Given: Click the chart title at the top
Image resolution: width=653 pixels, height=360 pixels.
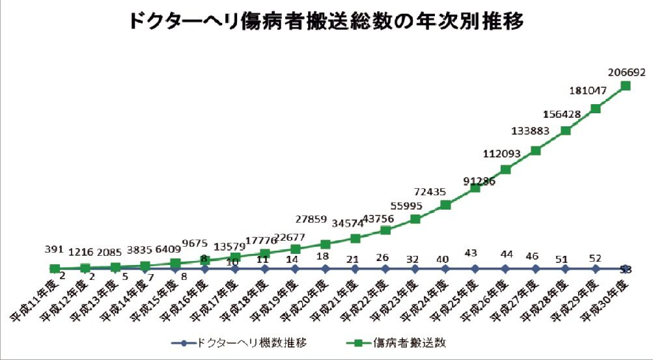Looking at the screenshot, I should pos(326,21).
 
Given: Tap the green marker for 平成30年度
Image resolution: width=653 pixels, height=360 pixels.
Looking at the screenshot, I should pos(626,85).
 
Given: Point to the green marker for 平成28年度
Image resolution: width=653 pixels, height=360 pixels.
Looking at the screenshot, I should pos(566,130).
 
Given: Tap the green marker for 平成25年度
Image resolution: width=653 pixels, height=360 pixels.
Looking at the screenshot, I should pos(475,187).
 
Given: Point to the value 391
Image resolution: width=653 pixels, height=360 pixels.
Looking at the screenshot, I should pos(54,249).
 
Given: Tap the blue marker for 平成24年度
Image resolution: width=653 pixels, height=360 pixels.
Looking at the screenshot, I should pos(445,268).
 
